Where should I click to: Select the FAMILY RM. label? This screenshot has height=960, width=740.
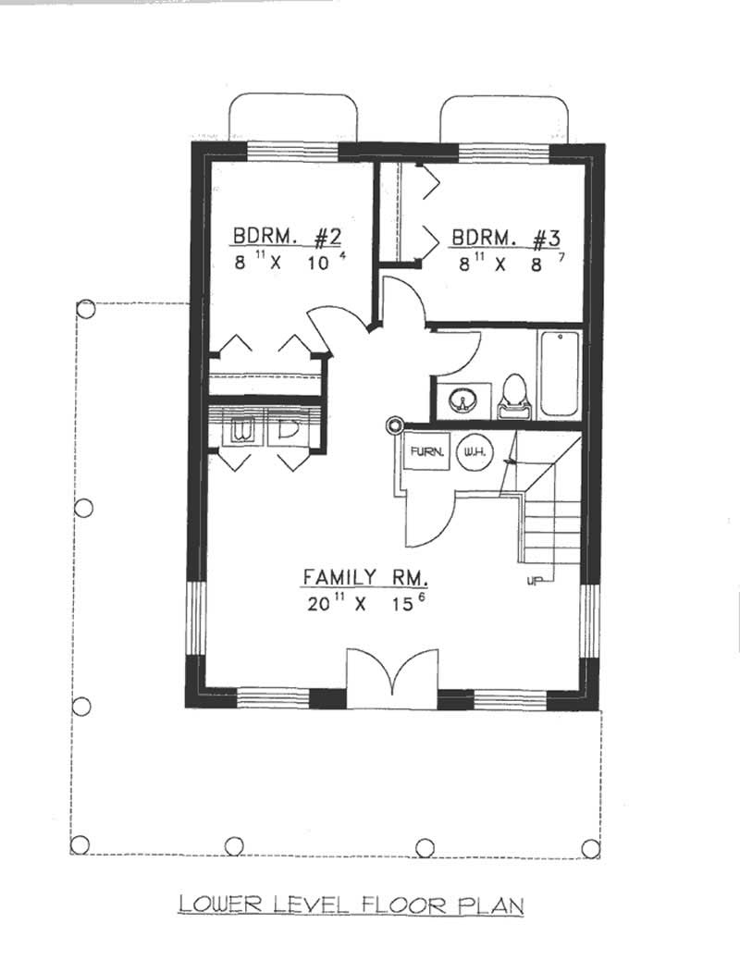pyautogui.click(x=365, y=578)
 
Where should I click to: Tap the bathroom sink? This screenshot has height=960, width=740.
pyautogui.click(x=459, y=400)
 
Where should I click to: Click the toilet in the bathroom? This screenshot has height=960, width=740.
pyautogui.click(x=512, y=394)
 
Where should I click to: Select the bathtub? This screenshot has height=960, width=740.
pyautogui.click(x=559, y=374)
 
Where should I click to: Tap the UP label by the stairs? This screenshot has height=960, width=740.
pyautogui.click(x=534, y=581)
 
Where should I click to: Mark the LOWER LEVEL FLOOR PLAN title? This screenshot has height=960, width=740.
pyautogui.click(x=351, y=903)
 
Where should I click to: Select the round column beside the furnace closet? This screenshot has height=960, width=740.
pyautogui.click(x=395, y=425)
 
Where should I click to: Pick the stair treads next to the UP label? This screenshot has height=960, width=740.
pyautogui.click(x=552, y=532)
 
